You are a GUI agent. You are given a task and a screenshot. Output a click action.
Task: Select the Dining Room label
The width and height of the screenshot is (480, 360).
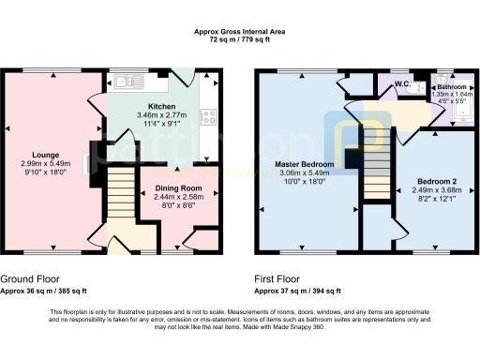pos(172,189)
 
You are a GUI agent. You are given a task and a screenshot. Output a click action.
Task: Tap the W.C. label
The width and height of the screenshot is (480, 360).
pos(403,83)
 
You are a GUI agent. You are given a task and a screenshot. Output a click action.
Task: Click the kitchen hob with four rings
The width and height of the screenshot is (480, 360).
pos(211,117)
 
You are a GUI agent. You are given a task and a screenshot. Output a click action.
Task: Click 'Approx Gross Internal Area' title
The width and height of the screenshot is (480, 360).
pos(239,32)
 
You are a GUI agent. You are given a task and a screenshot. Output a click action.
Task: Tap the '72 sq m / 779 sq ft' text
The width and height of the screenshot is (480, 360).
pos(239,39)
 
